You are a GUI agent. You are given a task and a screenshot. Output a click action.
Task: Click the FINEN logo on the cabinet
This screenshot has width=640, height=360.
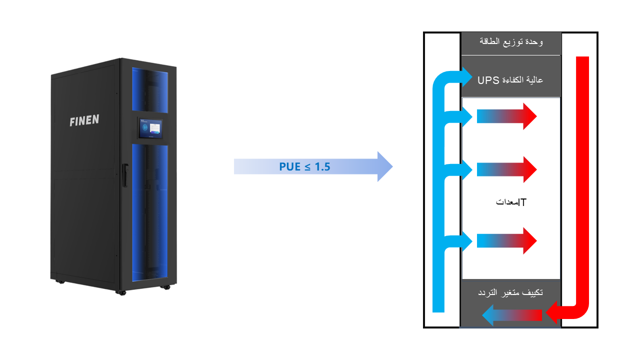pyautogui.click(x=84, y=120)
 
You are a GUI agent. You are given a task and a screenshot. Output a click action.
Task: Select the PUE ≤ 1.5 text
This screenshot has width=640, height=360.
pyautogui.click(x=304, y=166)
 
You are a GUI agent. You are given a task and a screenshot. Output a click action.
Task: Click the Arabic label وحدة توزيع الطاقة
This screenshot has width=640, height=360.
pyautogui.click(x=510, y=42)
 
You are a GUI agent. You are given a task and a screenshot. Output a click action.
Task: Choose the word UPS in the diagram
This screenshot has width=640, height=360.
pyautogui.click(x=488, y=80)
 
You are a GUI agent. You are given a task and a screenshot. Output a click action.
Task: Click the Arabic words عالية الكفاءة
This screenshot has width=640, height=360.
pyautogui.click(x=522, y=80)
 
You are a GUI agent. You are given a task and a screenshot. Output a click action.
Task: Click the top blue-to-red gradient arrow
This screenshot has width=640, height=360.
pyautogui.click(x=506, y=116)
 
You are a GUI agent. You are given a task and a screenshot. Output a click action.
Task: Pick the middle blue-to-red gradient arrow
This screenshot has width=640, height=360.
pyautogui.click(x=506, y=169)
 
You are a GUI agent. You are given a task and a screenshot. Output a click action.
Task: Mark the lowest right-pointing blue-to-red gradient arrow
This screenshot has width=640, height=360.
pyautogui.click(x=506, y=241)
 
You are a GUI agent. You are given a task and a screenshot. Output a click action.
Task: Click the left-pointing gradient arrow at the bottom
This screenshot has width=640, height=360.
pyautogui.click(x=511, y=315)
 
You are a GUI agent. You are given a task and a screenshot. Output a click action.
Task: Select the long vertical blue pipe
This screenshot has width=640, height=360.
pyautogui.click(x=438, y=200)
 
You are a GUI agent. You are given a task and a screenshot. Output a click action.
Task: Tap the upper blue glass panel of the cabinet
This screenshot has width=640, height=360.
pyautogui.click(x=150, y=89)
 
